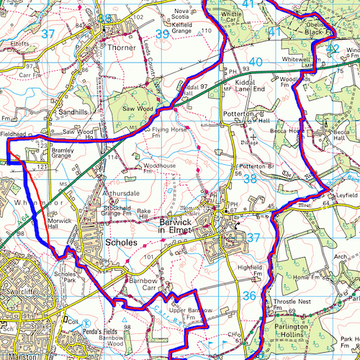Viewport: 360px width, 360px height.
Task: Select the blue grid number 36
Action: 248,295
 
